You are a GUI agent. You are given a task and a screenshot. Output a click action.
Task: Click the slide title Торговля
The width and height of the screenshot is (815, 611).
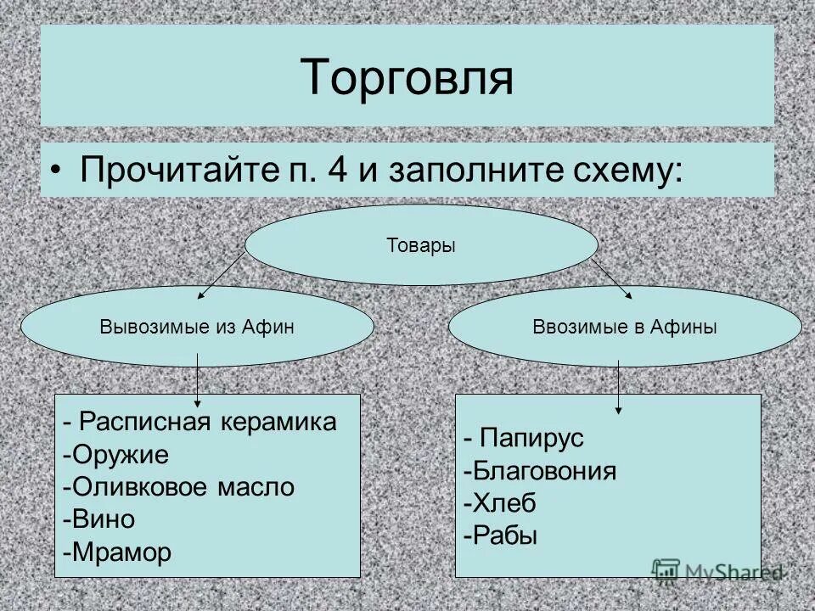coord(407,76)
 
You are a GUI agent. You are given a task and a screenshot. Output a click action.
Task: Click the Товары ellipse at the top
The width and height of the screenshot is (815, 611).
coord(421,246)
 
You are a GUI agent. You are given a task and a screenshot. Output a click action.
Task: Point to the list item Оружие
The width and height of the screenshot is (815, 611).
coord(120,455)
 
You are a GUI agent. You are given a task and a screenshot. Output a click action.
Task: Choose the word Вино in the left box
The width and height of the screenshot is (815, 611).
coord(103,519)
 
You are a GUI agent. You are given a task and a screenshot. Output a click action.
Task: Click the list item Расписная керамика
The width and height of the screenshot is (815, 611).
coord(205,423)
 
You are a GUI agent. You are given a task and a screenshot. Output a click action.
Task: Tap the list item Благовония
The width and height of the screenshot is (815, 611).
coord(544,471)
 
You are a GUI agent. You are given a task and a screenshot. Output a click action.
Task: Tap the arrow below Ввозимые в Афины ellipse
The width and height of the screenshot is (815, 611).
coord(619,386)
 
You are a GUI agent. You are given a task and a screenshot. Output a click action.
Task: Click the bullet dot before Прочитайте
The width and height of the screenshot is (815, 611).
coord(55,170)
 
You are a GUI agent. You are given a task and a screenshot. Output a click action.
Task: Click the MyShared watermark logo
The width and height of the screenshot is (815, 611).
coord(717,571)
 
